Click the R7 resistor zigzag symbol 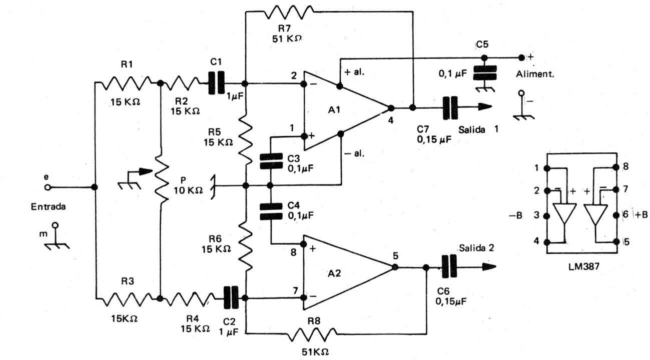point(288,12)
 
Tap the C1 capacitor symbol point(217,82)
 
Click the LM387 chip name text point(583,266)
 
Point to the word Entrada point(48,206)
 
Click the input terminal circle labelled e point(48,187)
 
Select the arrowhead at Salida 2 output point(489,267)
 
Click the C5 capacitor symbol point(484,73)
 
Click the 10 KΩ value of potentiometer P point(188,190)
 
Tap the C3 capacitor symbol point(271,161)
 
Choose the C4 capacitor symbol point(271,211)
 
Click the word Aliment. point(535,74)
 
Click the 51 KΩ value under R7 point(287,38)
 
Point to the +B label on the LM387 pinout point(641,215)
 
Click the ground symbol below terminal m point(57,246)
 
